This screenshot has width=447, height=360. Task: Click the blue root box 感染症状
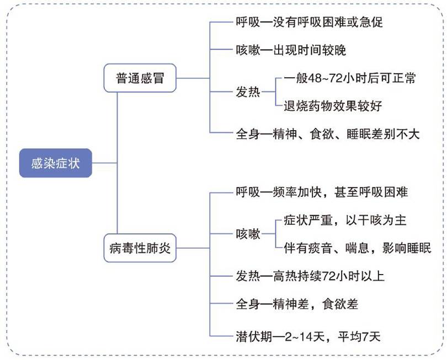pos(55,163)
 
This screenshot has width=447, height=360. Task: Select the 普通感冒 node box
pos(140,79)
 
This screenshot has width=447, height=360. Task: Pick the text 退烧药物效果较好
pos(329,105)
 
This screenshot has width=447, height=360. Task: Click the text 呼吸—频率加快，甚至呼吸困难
pos(322,192)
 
